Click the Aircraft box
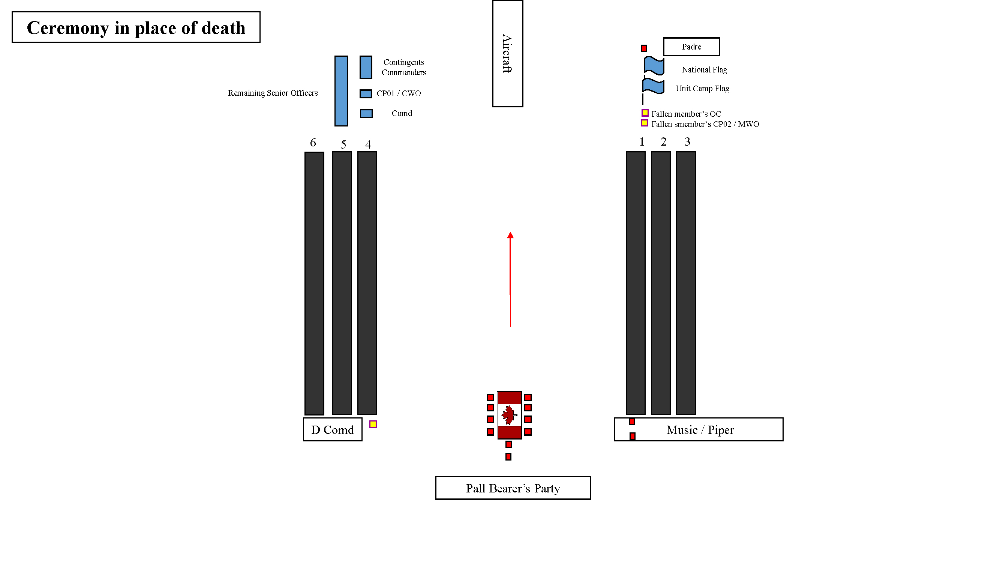point(507,54)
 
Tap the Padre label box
point(691,47)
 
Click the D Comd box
point(332,429)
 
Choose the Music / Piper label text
point(700,430)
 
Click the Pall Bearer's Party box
point(513,488)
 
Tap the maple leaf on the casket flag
point(508,415)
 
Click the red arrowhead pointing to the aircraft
point(510,235)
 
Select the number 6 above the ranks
point(313,143)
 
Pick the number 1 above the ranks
point(642,142)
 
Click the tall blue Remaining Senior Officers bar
point(341,91)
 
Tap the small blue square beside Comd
point(366,113)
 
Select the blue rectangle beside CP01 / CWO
point(366,93)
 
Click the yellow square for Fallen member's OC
point(645,113)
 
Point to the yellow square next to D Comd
point(373,424)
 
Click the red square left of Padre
point(644,48)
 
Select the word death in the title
point(223,28)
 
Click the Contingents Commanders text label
point(403,67)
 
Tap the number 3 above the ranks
point(687,142)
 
